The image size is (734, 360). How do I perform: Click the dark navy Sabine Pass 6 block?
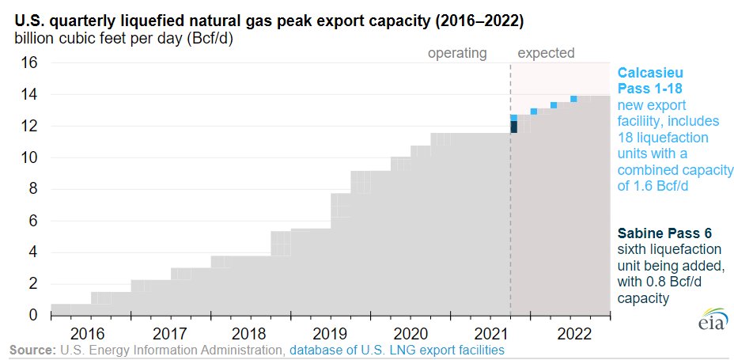514,127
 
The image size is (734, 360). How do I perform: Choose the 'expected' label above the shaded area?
546,54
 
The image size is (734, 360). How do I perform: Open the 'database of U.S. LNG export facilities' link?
396,349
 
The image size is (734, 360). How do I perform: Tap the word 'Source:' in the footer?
32,349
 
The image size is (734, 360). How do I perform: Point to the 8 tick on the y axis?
32,189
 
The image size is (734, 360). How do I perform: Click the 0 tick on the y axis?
32,315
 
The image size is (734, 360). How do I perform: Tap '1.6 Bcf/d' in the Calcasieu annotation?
659,186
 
